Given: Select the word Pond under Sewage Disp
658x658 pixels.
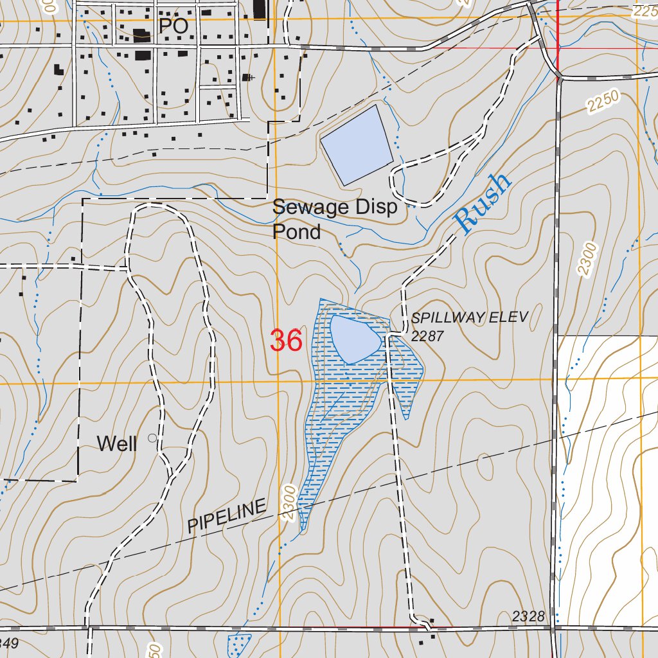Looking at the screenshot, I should point(296,231).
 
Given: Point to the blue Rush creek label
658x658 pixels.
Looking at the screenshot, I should point(483,204).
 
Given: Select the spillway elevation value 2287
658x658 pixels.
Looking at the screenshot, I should point(427,336).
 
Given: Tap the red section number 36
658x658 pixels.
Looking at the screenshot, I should point(286,341).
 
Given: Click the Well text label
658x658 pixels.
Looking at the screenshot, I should point(117,443).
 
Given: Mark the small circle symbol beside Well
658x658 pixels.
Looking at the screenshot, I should point(152,438).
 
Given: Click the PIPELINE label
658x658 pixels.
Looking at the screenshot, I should point(227,516).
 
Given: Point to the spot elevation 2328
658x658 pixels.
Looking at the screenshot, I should point(528,617).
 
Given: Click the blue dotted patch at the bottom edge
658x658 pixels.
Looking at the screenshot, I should point(239,645).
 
